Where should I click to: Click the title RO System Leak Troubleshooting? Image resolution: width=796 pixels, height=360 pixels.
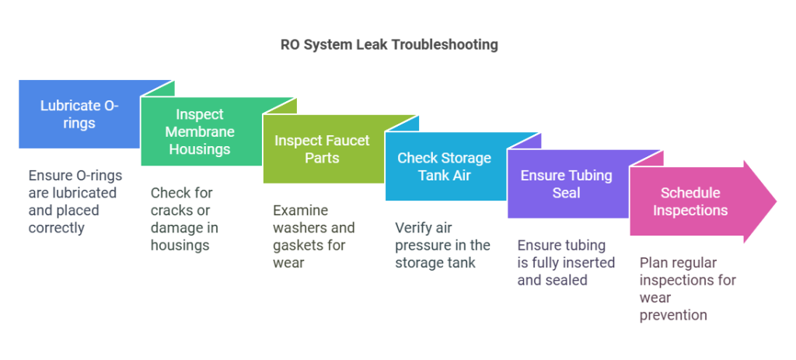389,44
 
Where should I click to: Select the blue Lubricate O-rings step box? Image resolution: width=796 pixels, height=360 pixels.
79,114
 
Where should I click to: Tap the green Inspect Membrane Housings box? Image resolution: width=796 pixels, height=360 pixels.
200,131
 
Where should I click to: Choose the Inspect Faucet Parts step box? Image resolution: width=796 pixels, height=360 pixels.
322,149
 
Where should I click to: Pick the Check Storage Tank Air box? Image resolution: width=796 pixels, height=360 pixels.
444,167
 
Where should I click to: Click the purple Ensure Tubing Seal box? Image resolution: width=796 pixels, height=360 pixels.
566,184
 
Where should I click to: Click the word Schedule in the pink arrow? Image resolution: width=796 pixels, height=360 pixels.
690,193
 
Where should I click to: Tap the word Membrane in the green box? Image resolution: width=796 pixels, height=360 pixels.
200,131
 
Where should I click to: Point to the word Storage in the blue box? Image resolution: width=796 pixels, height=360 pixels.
464,158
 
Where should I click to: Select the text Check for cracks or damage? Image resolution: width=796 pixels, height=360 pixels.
185,210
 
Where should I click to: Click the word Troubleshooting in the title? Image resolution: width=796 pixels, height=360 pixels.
445,44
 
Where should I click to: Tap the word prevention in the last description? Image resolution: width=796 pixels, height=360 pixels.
673,315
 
